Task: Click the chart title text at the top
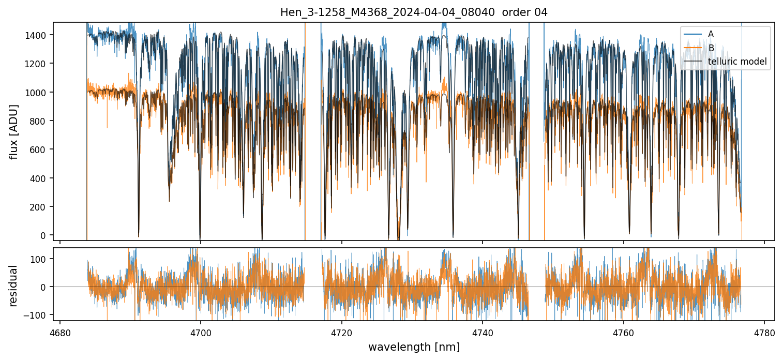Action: (413, 12)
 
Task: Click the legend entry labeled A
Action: (711, 34)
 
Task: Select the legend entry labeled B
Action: (711, 48)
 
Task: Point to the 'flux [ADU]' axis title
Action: (13, 131)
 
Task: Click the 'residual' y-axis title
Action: (13, 286)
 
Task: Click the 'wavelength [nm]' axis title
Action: (413, 347)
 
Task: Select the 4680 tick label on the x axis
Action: (60, 333)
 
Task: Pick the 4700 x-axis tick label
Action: (201, 333)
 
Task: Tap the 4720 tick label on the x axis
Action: (342, 333)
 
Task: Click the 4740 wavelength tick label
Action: (483, 333)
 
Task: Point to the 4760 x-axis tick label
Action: (624, 333)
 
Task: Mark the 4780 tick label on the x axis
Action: (764, 333)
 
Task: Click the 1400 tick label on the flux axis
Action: (37, 35)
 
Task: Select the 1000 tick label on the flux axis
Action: (37, 93)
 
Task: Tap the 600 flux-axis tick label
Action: (39, 150)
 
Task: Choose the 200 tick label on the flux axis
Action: (39, 207)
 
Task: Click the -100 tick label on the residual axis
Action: (38, 315)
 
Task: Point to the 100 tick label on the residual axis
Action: (40, 259)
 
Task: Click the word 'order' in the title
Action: (513, 12)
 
